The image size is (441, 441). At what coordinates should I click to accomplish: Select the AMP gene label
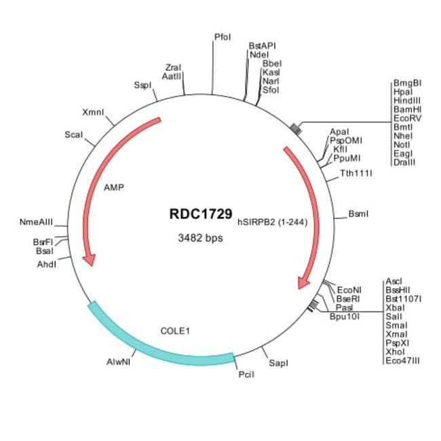[114, 187]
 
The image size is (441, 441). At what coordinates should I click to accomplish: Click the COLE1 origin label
[175, 331]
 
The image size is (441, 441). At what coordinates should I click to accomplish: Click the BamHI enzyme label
[407, 109]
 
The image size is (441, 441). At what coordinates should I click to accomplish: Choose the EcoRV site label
[407, 118]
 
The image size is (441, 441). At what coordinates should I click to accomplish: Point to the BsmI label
[358, 214]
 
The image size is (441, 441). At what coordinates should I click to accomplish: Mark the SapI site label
[279, 364]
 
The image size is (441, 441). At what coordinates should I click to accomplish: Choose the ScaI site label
[73, 135]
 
